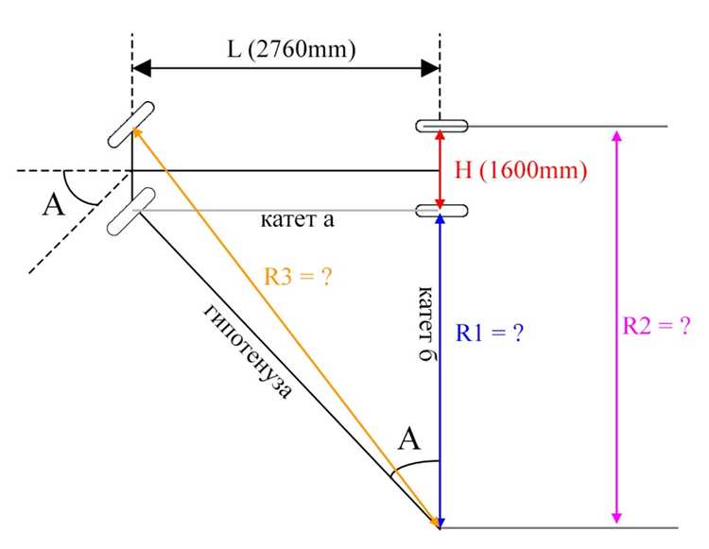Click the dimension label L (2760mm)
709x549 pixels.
[x=291, y=49]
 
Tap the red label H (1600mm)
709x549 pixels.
[x=521, y=171]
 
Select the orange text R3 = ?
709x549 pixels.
[x=298, y=276]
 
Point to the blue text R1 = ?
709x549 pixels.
[x=490, y=333]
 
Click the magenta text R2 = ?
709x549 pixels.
[x=657, y=325]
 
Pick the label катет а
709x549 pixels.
[x=298, y=220]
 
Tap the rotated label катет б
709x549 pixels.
[x=427, y=323]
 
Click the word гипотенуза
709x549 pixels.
[x=248, y=352]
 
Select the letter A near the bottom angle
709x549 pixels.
[x=409, y=438]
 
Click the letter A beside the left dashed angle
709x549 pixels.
[x=54, y=206]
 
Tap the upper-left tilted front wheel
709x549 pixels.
[x=131, y=125]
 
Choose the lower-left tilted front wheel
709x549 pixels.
[x=131, y=211]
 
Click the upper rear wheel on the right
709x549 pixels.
[x=441, y=126]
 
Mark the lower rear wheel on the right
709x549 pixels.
[x=441, y=211]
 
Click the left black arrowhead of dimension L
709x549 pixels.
[x=142, y=69]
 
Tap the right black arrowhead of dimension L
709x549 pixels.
[x=430, y=69]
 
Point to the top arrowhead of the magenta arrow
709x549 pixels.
[x=616, y=135]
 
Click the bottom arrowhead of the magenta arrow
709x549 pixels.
[x=616, y=518]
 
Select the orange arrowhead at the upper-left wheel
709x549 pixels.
[x=137, y=133]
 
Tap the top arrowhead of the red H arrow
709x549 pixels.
[x=440, y=135]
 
